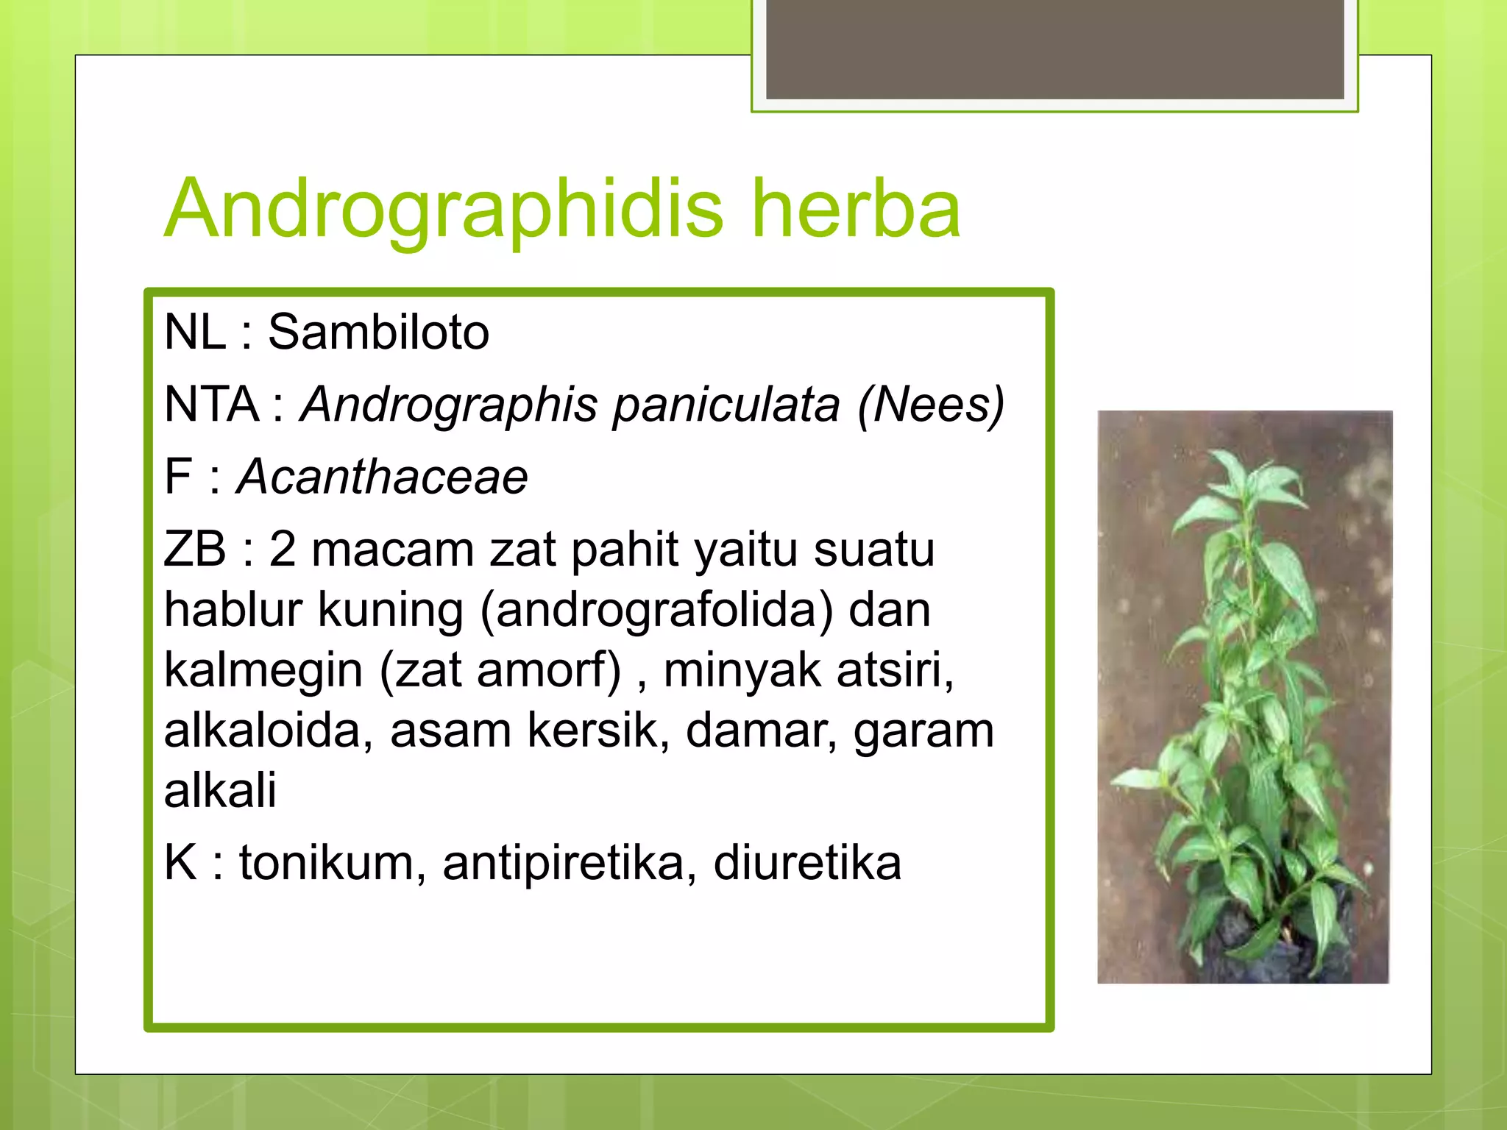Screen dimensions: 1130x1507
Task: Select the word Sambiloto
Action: [378, 332]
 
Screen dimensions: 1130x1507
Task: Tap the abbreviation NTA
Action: [212, 404]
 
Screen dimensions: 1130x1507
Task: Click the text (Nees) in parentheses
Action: [931, 405]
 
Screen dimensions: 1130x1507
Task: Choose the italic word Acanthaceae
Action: [382, 477]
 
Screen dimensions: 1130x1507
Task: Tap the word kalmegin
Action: [263, 670]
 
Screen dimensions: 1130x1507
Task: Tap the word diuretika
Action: [807, 863]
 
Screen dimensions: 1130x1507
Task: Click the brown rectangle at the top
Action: [1054, 49]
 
